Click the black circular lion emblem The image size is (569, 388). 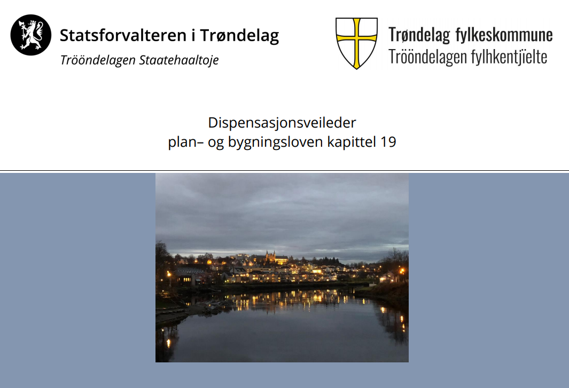tap(31, 35)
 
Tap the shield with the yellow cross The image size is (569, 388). tap(356, 43)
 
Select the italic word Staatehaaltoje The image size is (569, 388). tap(179, 60)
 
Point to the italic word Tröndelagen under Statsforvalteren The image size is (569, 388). tap(98, 60)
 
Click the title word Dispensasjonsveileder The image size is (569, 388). tap(282, 123)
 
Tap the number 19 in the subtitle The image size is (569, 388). tap(388, 142)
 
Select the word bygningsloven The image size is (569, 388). tap(276, 142)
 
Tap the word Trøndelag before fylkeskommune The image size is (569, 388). tap(419, 36)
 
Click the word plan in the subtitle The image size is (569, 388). tap(182, 142)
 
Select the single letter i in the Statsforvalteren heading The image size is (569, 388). tap(193, 36)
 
